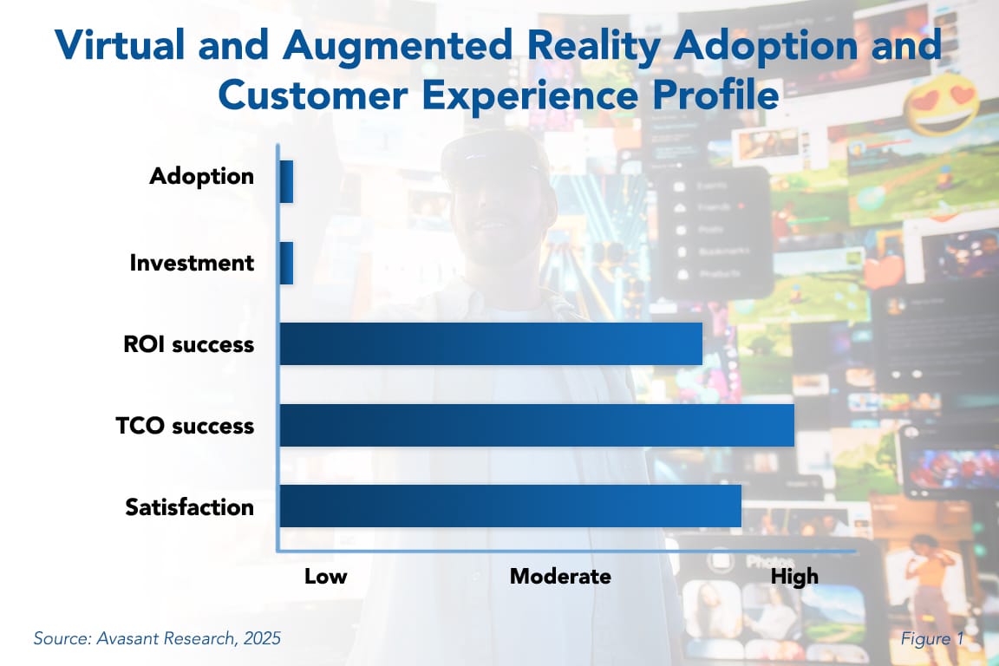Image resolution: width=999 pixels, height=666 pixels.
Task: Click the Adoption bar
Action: pyautogui.click(x=286, y=182)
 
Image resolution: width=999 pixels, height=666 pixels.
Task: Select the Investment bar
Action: pyautogui.click(x=286, y=263)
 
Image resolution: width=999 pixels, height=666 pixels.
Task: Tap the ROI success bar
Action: pyautogui.click(x=490, y=343)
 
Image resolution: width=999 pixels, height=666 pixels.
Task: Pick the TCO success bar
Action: pyautogui.click(x=536, y=425)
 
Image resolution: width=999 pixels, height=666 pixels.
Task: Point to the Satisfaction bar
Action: pyautogui.click(x=510, y=506)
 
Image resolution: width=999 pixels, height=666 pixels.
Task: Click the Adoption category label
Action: pyautogui.click(x=201, y=176)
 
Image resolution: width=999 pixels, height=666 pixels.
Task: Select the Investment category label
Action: pyautogui.click(x=192, y=263)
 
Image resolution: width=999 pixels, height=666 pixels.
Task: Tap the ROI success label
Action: pyautogui.click(x=188, y=344)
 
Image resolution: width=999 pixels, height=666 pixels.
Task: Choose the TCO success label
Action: pyautogui.click(x=185, y=426)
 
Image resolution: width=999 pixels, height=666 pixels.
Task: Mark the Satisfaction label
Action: pyautogui.click(x=189, y=506)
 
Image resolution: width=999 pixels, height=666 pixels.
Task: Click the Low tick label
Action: pyautogui.click(x=325, y=577)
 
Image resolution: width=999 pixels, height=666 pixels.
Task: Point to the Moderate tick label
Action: pyautogui.click(x=560, y=577)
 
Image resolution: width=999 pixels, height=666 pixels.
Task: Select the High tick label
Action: pyautogui.click(x=794, y=577)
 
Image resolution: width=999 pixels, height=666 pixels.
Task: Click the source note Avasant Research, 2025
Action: pyautogui.click(x=157, y=639)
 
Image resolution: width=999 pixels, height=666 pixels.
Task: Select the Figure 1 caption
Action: pyautogui.click(x=931, y=639)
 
